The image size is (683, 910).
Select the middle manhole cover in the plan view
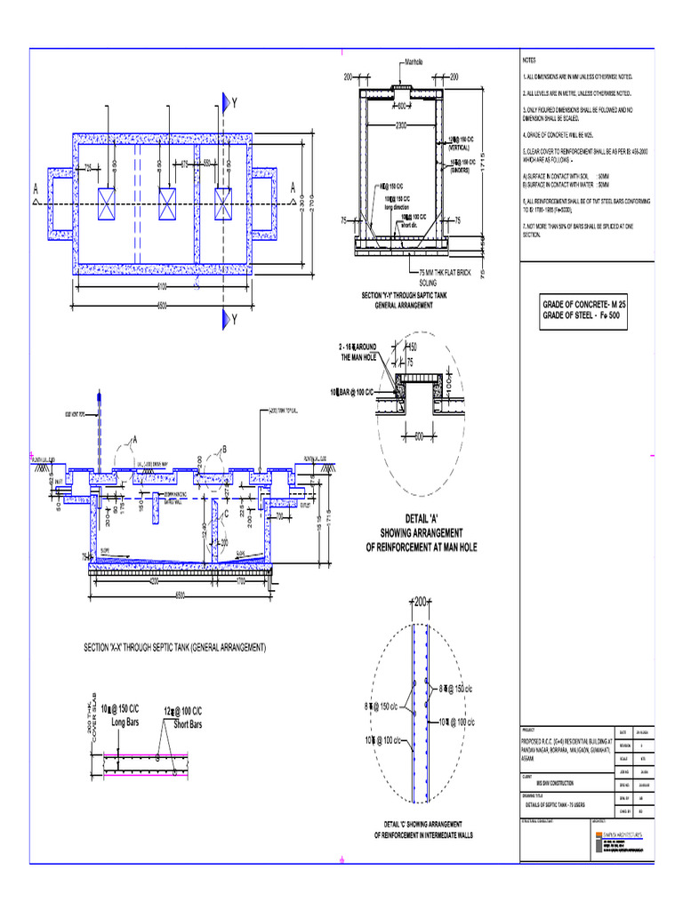[168, 204]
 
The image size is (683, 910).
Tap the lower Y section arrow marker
[228, 318]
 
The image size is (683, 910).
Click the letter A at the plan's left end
[35, 188]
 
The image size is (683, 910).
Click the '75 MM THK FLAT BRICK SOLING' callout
[450, 277]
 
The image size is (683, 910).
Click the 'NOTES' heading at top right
[530, 60]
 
